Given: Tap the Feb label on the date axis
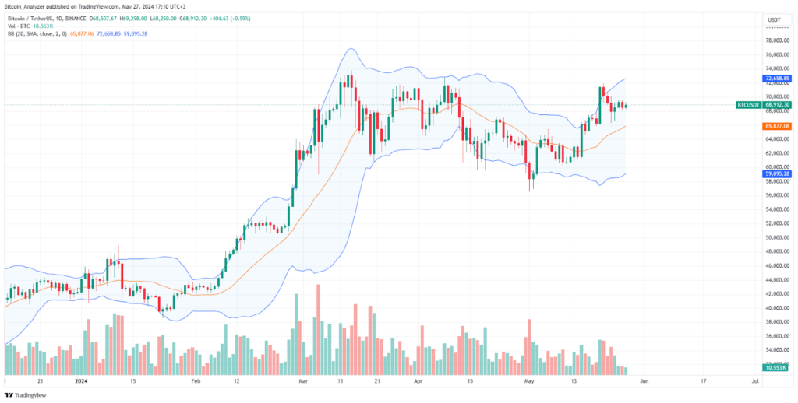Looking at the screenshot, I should click(196, 382).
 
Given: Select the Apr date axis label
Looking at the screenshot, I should click(418, 382).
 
